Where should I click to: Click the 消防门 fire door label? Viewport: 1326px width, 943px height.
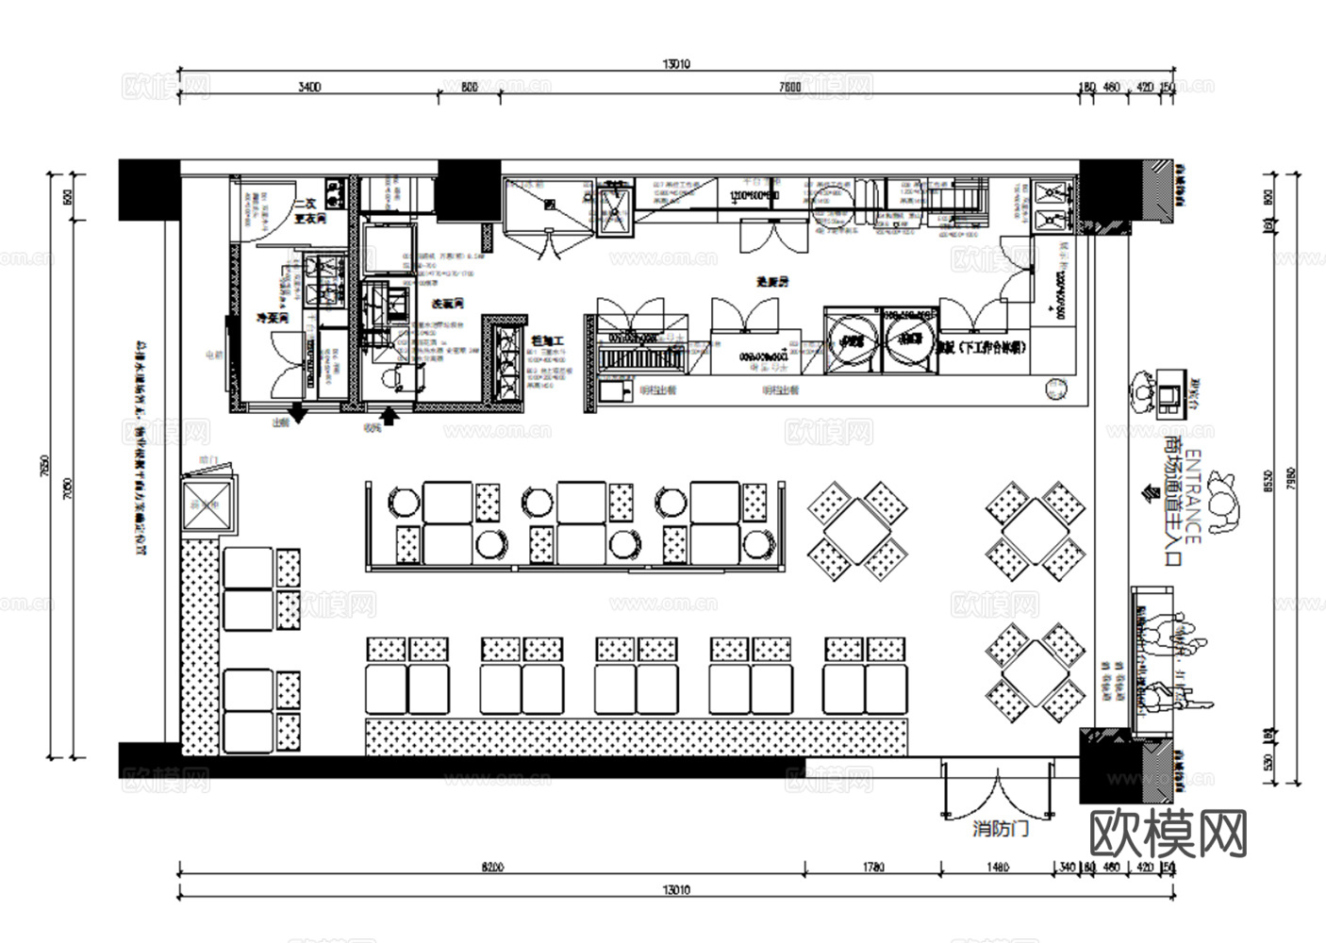pyautogui.click(x=1001, y=830)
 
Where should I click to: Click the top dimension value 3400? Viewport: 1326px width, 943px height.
pyautogui.click(x=309, y=87)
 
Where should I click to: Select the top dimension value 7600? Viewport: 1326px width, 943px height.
pyautogui.click(x=789, y=87)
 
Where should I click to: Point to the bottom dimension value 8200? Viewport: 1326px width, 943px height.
pyautogui.click(x=491, y=868)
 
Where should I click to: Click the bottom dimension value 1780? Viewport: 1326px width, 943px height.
pyautogui.click(x=873, y=868)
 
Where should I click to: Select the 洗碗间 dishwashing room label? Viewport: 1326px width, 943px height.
pyautogui.click(x=447, y=304)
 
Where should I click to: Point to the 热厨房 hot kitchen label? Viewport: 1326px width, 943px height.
pyautogui.click(x=771, y=281)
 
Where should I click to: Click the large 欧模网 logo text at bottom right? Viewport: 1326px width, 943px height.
pyautogui.click(x=1169, y=833)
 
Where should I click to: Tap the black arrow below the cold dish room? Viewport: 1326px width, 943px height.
pyautogui.click(x=297, y=412)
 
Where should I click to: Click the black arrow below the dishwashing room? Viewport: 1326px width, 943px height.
pyautogui.click(x=390, y=413)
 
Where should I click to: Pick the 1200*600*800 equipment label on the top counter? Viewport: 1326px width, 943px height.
pyautogui.click(x=754, y=196)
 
